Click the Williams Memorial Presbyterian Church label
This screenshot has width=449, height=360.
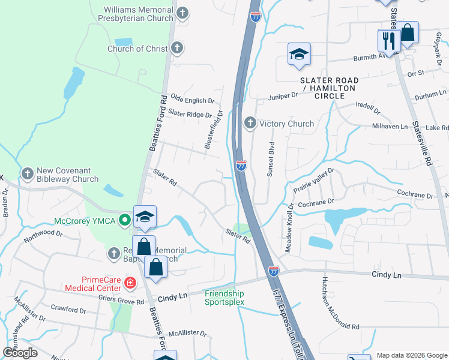pos(139,14)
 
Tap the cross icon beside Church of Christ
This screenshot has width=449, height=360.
pos(176,49)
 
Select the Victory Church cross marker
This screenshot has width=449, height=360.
pos(250,124)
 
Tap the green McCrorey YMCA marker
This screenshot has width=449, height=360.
pos(125,220)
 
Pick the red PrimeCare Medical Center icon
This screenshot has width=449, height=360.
pos(128,282)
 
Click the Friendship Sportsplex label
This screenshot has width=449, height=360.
pos(224,298)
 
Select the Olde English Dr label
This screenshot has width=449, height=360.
pos(193,101)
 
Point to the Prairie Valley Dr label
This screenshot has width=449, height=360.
pos(313,181)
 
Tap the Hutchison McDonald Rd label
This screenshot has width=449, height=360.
pos(337,307)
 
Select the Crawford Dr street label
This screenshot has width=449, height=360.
pos(70,310)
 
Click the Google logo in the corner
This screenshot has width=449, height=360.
pos(20,353)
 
